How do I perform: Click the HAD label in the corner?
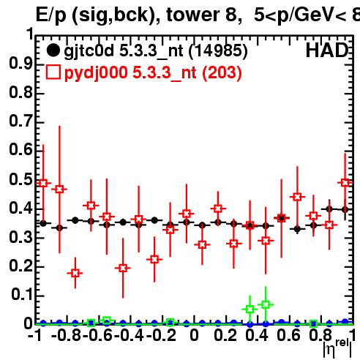(x=327, y=50)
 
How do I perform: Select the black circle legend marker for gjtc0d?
(x=53, y=50)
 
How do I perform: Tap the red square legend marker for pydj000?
(x=53, y=72)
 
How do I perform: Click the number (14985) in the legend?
(x=218, y=51)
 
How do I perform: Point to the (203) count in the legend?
(x=222, y=72)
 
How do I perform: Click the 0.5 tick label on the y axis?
(x=20, y=179)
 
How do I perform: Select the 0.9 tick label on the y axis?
(x=20, y=64)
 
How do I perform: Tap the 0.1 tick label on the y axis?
(x=22, y=295)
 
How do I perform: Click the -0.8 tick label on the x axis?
(x=66, y=335)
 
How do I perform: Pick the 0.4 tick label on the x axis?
(x=257, y=335)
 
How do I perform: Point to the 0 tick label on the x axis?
(x=194, y=335)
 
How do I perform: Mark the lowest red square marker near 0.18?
(x=75, y=273)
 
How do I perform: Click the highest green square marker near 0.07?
(x=266, y=304)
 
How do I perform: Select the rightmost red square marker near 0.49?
(x=345, y=183)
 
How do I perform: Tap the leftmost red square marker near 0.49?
(x=43, y=183)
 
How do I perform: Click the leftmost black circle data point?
(x=43, y=223)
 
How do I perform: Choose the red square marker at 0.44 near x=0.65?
(x=297, y=197)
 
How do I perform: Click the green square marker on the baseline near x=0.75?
(x=313, y=324)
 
